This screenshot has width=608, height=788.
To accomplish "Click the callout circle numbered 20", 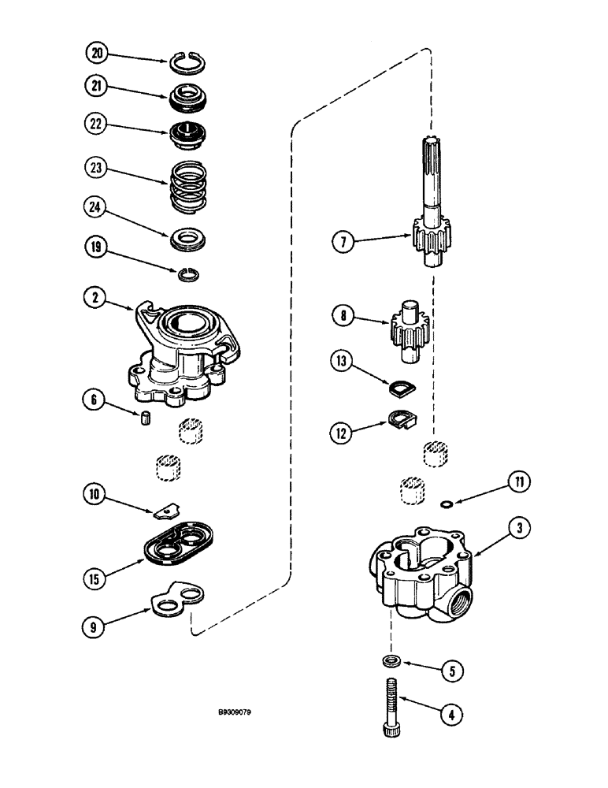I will point(96,54).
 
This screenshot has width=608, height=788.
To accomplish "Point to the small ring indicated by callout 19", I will point(187,273).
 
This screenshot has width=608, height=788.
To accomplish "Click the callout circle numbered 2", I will point(96,299).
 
